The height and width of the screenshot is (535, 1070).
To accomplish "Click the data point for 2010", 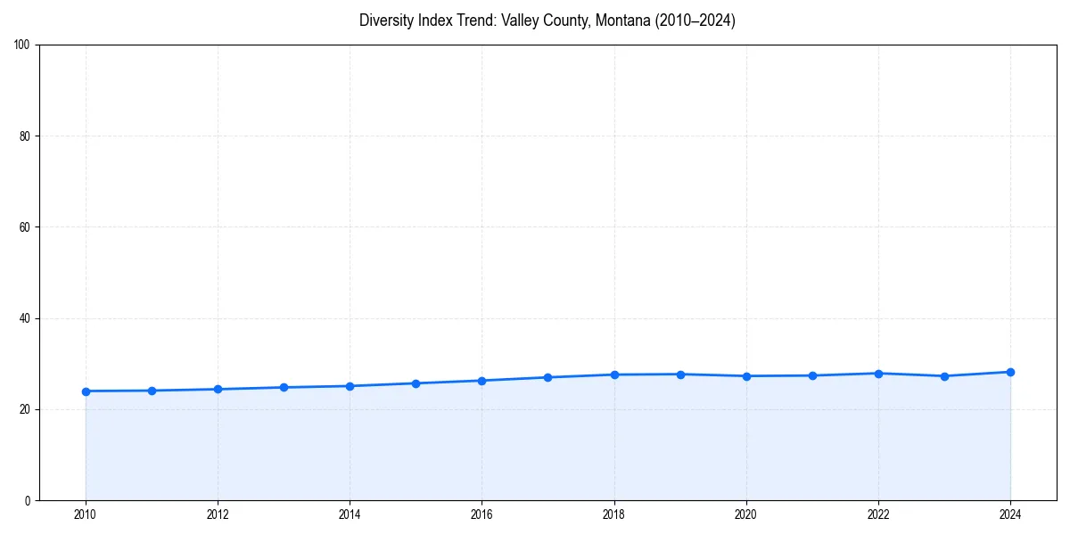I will click(x=86, y=391).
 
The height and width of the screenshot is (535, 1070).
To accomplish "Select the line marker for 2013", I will click(x=284, y=388).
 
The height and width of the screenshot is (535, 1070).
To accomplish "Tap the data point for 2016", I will click(x=481, y=381).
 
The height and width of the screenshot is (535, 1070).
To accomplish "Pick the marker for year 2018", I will click(x=614, y=374).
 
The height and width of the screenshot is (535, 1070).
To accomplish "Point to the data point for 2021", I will click(x=812, y=375).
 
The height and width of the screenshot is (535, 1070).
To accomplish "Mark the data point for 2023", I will click(x=944, y=376).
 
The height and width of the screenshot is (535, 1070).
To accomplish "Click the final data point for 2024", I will click(x=1010, y=372).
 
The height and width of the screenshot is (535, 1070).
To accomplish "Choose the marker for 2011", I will click(x=152, y=391).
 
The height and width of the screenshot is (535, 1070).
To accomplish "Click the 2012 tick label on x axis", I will click(x=218, y=514).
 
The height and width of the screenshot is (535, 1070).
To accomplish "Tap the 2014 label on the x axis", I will click(x=350, y=514).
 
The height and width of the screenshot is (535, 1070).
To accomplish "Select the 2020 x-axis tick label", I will click(x=746, y=514).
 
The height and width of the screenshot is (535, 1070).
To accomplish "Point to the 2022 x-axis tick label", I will click(x=878, y=514).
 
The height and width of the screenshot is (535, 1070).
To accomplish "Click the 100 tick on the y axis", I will click(x=23, y=45).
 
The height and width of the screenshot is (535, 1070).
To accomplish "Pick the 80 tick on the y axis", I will click(x=26, y=136).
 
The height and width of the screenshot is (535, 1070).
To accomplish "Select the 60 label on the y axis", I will click(x=26, y=227).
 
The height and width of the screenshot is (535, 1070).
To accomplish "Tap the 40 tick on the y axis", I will click(x=26, y=318).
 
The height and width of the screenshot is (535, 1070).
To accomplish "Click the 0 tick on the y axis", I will click(x=29, y=500).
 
